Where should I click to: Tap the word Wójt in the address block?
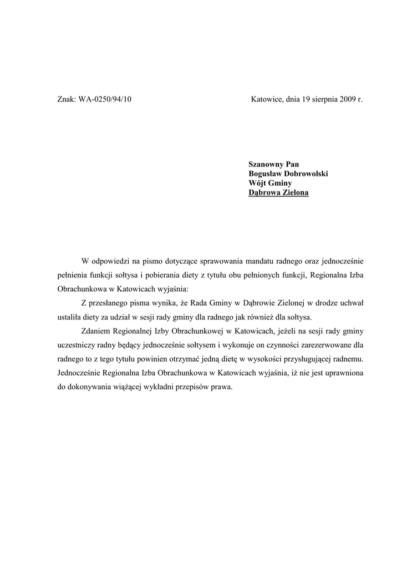[258, 183]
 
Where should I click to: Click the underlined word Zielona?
[294, 193]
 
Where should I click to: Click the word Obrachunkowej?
[194, 331]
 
